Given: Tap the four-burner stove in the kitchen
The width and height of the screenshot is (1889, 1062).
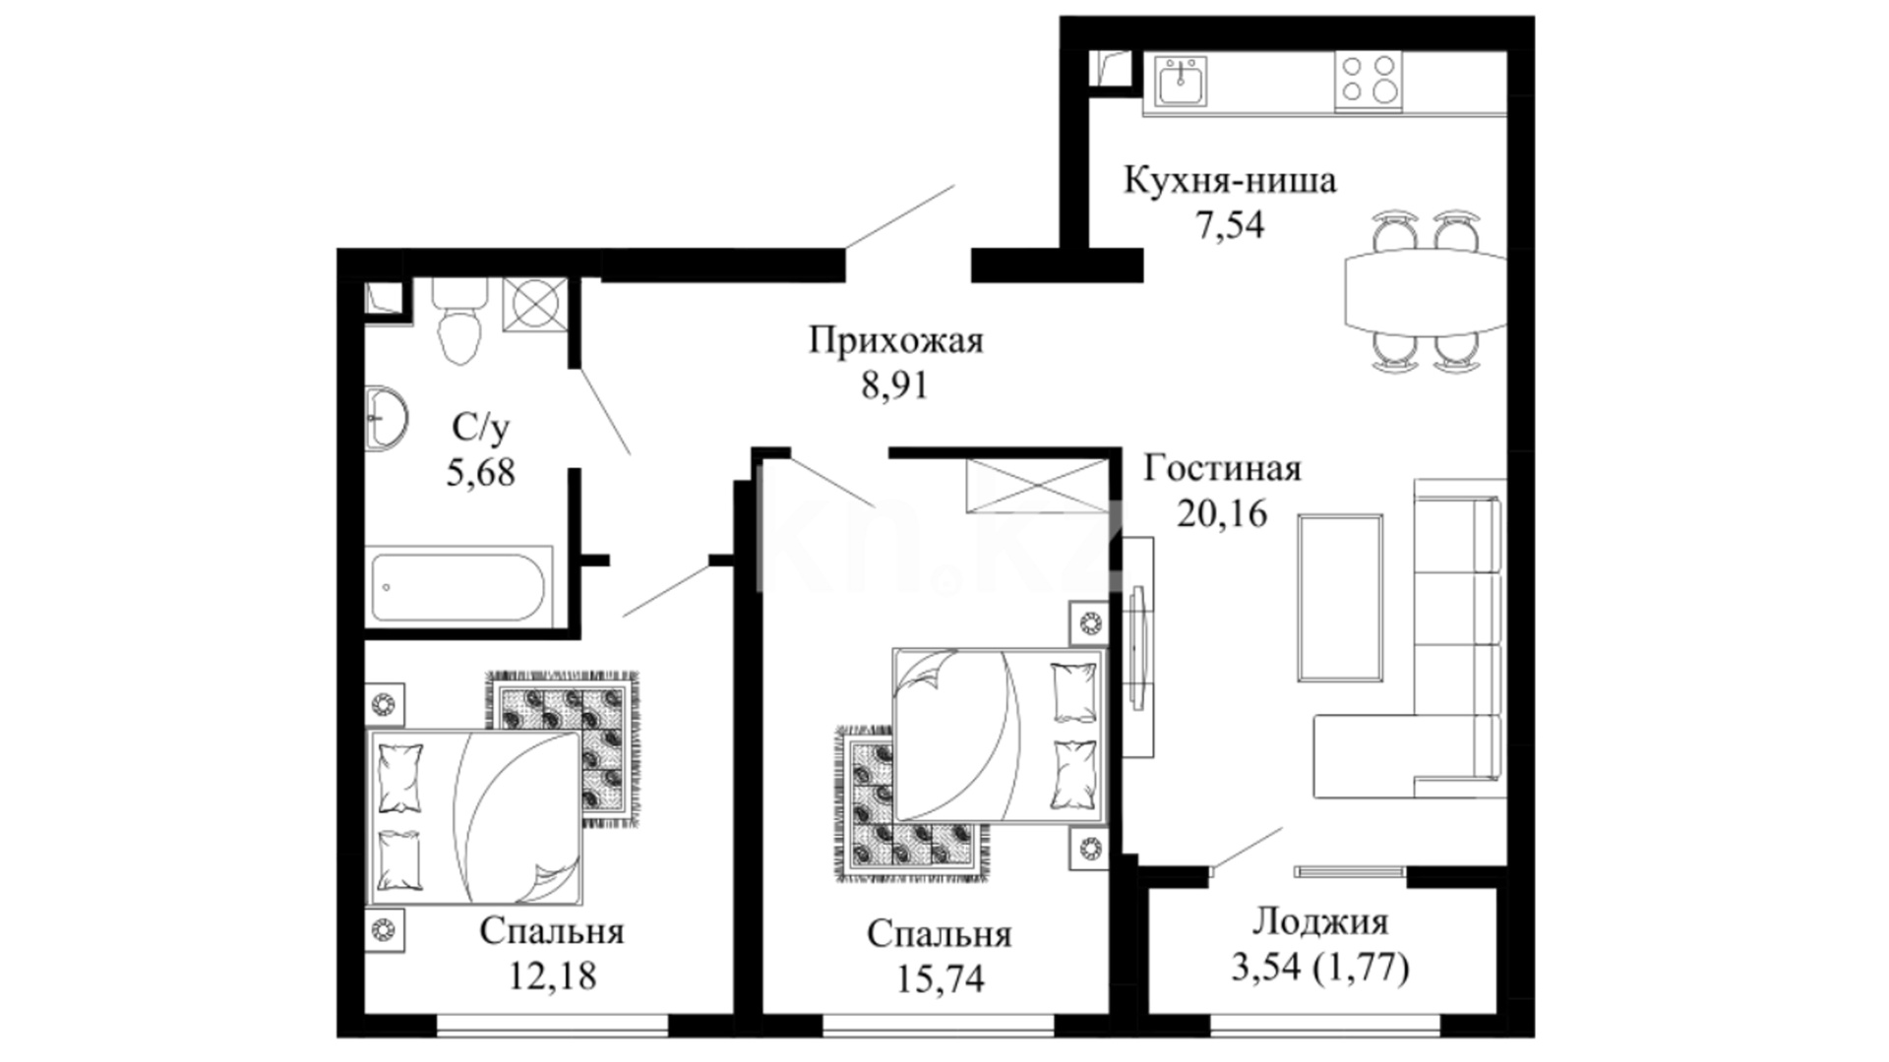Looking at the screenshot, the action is [x=1369, y=80].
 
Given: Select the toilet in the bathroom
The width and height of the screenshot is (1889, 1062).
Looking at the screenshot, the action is [x=459, y=321].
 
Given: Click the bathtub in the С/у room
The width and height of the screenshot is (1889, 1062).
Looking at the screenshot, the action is [x=457, y=587].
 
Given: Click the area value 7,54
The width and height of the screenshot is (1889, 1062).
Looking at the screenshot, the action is [x=1229, y=225].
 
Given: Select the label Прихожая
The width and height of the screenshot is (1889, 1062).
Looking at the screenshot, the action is [x=895, y=341].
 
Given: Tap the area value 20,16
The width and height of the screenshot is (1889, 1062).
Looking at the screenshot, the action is [x=1222, y=512].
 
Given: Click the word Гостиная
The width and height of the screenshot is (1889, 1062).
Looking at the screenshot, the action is [x=1222, y=469].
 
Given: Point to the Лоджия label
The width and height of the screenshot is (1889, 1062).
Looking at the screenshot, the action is [x=1320, y=922].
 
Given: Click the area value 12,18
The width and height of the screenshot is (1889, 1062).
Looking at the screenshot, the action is [x=552, y=975].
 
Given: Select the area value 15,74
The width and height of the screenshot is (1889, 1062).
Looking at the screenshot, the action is [x=940, y=978].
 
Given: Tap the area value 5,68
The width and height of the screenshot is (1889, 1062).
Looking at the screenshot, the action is [x=480, y=473].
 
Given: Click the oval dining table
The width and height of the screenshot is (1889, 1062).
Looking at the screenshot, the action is [x=1425, y=291].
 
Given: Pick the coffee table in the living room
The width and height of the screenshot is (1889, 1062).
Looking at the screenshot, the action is [x=1339, y=598].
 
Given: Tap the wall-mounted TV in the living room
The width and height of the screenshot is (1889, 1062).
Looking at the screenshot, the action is [x=1139, y=646].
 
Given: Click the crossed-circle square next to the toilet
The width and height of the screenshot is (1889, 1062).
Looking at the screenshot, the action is [x=536, y=304].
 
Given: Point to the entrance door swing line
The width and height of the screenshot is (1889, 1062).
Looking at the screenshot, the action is [x=899, y=215].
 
